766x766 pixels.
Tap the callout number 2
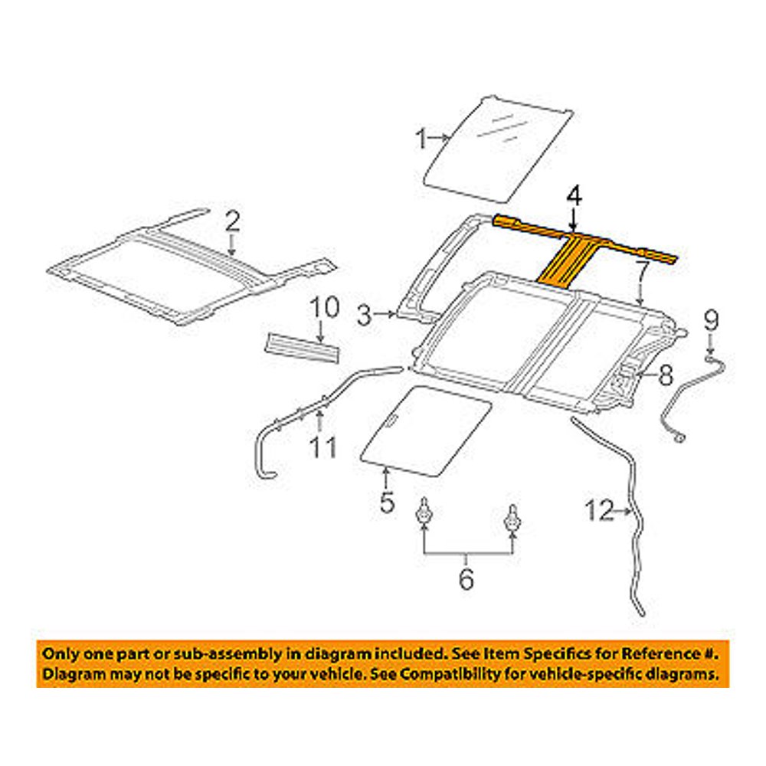click(x=233, y=222)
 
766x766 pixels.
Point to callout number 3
click(x=365, y=313)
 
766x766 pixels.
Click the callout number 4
click(x=574, y=196)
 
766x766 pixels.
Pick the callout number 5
click(x=386, y=502)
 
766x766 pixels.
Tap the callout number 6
click(x=466, y=579)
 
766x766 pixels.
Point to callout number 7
click(x=641, y=269)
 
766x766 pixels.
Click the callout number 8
click(x=665, y=375)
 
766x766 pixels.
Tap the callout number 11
click(x=322, y=447)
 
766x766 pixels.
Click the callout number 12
click(x=600, y=510)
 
